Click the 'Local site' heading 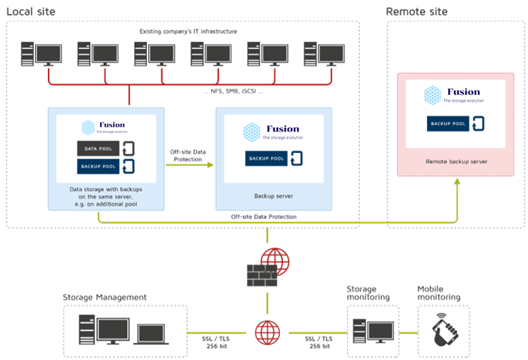pyautogui.click(x=31, y=12)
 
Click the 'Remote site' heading pyautogui.click(x=416, y=12)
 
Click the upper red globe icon pyautogui.click(x=274, y=261)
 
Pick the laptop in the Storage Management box pyautogui.click(x=154, y=331)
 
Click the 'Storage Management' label pyautogui.click(x=104, y=297)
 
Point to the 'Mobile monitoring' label pyautogui.click(x=439, y=292)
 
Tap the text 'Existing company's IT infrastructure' pyautogui.click(x=188, y=31)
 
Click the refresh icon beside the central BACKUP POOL pyautogui.click(x=296, y=158)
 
